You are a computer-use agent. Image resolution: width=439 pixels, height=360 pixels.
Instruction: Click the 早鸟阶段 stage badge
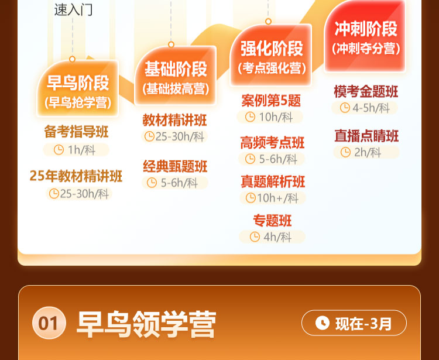pos(78,88)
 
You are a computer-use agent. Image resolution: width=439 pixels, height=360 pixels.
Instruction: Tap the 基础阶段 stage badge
pos(176,75)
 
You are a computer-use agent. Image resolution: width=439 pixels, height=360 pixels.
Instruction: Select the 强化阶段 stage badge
pos(271,55)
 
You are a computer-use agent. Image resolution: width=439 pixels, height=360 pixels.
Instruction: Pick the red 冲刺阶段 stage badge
pos(365,36)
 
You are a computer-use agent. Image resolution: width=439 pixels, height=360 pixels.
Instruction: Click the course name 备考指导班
pos(76,132)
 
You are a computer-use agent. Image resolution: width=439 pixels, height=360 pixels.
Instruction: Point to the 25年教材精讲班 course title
pos(76,176)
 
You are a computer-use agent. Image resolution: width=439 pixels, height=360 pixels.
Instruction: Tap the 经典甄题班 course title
pos(175,166)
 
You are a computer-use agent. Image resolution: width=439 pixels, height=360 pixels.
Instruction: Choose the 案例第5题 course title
pos(271,101)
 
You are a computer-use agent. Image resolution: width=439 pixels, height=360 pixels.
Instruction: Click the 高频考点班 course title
pos(272,142)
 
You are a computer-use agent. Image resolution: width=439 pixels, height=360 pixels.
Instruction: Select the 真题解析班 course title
pos(273,181)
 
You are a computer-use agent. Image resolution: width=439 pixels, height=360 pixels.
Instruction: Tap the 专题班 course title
pos(272,221)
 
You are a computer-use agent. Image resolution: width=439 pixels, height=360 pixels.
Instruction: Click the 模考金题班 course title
pos(366,91)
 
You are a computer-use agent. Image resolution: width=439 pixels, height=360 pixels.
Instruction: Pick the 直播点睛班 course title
pos(366,136)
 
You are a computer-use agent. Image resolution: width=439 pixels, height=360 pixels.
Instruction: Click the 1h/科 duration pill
pos(76,150)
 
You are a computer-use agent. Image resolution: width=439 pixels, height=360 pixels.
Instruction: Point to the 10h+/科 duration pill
pos(273,198)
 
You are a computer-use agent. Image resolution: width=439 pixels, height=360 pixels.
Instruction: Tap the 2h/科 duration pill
pos(366,152)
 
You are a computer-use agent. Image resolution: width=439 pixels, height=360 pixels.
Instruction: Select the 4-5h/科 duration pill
pos(365,108)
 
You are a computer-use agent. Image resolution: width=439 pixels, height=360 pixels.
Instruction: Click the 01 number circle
pos(49,323)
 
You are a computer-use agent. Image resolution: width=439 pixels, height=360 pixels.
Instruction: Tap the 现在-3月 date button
pos(354,323)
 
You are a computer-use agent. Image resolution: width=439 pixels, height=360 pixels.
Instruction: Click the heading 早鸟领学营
pos(146,324)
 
